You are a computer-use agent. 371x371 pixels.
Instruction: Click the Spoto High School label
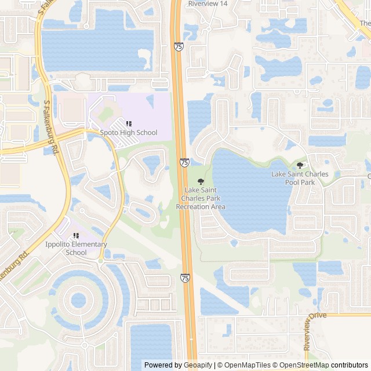click(129, 133)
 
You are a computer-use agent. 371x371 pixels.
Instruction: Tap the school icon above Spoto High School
click(129, 123)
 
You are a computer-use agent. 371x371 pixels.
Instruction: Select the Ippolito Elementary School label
click(76, 248)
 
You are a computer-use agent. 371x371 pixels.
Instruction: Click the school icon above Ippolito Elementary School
click(76, 236)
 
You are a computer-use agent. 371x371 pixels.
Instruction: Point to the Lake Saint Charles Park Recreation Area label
click(201, 198)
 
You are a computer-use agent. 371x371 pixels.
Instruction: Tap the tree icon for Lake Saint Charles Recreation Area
click(201, 182)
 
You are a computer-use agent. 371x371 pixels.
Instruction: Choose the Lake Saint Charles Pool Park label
click(300, 178)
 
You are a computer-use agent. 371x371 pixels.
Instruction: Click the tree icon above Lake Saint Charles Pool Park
click(300, 166)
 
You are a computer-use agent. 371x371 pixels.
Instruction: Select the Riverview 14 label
click(208, 3)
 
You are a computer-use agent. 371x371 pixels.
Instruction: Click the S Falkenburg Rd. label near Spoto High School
click(51, 126)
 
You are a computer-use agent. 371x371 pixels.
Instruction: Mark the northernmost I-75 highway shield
click(178, 47)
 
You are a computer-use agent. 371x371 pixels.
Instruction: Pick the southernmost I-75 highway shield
click(185, 278)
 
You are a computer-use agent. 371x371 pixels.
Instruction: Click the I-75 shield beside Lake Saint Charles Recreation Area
click(184, 163)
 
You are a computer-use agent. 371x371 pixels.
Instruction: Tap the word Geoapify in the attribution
click(198, 365)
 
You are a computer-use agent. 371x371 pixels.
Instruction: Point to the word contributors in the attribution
click(349, 365)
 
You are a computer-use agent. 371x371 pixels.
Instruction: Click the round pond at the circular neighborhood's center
click(78, 300)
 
